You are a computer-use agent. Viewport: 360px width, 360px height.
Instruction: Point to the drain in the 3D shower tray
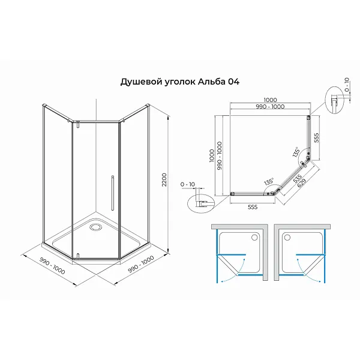96,227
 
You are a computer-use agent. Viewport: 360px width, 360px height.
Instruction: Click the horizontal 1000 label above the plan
270,100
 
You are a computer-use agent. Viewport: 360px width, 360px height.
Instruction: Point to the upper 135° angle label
296,152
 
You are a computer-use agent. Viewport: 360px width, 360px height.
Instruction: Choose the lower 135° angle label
268,181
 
